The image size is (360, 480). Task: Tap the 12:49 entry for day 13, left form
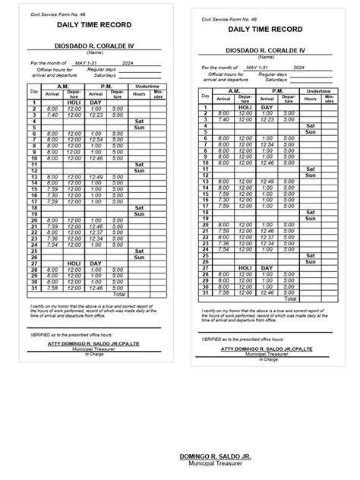[x=96, y=177]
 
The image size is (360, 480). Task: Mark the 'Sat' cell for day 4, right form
[x=310, y=125]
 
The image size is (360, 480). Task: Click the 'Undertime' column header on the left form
[x=147, y=87]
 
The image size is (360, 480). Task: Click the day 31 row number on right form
[x=204, y=292]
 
